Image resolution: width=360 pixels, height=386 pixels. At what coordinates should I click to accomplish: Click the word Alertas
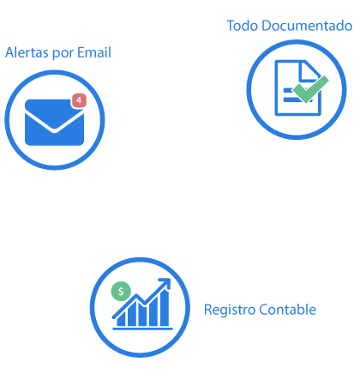(27, 52)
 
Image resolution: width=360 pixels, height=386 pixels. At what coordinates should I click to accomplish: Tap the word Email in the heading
(94, 52)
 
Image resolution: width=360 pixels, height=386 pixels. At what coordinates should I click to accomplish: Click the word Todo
(243, 26)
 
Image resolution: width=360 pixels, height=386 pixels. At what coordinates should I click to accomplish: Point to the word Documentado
(307, 26)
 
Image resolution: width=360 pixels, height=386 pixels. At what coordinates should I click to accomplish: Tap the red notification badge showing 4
(79, 100)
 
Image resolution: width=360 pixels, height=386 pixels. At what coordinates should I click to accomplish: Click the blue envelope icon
(54, 123)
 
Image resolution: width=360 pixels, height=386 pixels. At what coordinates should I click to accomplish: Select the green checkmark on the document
(309, 89)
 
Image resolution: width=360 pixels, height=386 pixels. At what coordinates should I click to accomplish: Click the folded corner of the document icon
(309, 70)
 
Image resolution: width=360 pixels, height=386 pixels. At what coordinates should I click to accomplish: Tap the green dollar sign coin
(121, 292)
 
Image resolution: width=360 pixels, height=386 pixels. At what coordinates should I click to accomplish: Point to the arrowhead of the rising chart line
(165, 283)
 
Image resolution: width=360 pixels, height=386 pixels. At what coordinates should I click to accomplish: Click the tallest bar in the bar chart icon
(165, 308)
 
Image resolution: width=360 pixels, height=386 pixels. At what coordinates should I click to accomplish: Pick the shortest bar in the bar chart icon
(121, 319)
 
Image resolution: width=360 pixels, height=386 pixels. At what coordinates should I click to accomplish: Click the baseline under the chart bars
(142, 329)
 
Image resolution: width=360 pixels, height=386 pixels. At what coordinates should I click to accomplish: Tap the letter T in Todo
(231, 26)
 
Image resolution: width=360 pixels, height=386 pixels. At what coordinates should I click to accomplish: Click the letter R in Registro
(207, 310)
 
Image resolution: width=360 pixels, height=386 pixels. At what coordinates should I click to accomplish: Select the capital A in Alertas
(10, 52)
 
